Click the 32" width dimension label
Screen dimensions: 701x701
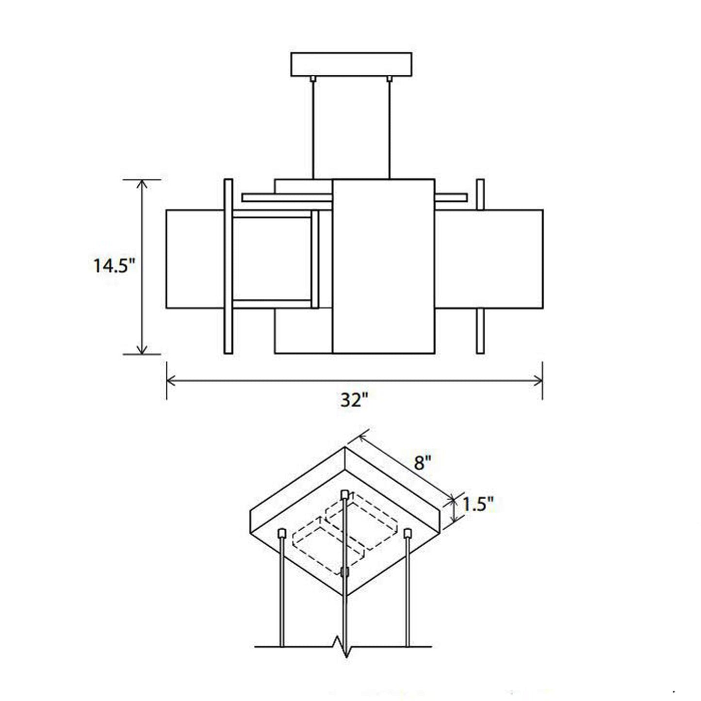coord(354,400)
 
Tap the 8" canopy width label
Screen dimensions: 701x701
coord(422,462)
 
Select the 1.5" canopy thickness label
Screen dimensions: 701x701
coord(477,505)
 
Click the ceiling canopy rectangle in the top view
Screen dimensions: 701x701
coord(351,65)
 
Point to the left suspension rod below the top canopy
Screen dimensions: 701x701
coord(313,129)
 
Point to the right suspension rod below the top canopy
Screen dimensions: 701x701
coord(389,129)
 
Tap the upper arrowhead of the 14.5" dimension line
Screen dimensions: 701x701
coord(142,183)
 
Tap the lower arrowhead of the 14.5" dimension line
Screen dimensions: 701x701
coord(142,350)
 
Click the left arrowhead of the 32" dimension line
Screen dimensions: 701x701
coord(170,381)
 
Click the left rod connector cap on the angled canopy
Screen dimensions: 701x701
coord(281,534)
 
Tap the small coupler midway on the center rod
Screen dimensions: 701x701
coord(345,572)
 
